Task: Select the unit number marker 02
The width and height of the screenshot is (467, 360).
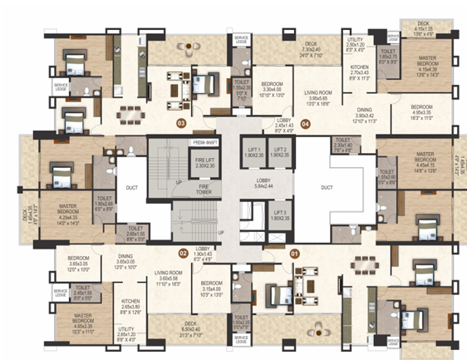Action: pos(182,252)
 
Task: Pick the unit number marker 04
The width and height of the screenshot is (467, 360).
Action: pos(306,124)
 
